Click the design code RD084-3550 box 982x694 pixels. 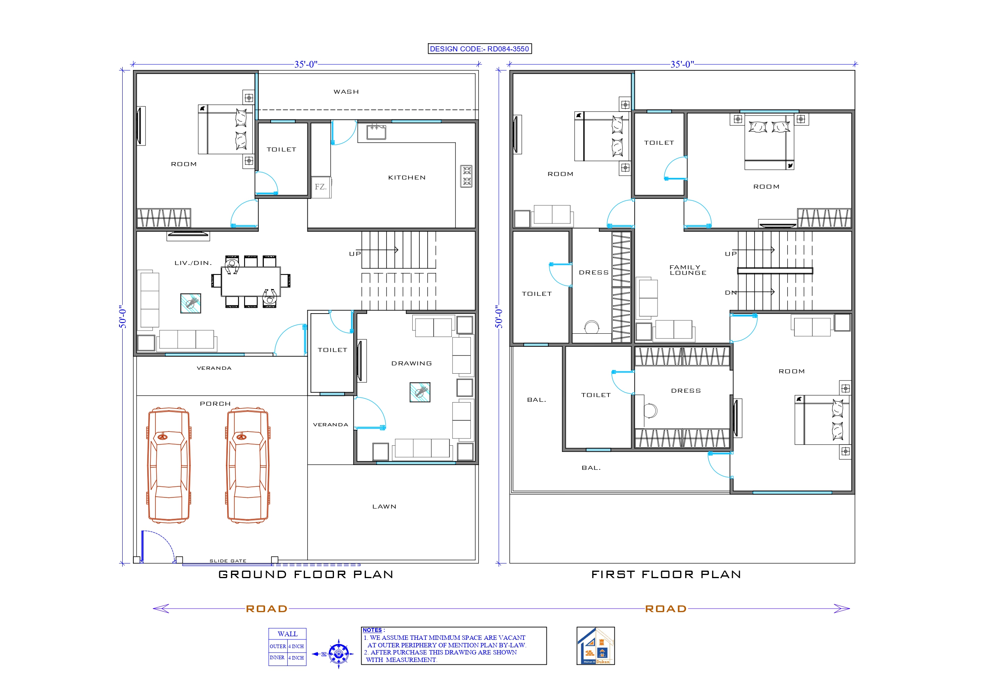point(480,49)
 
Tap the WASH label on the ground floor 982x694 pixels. point(346,92)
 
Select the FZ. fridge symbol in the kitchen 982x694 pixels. point(321,187)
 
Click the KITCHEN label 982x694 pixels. point(407,178)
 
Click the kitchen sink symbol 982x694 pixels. point(376,132)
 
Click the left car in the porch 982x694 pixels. point(169,465)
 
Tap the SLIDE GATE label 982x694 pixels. point(228,561)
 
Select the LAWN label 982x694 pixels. point(384,507)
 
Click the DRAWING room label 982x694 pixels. point(411,363)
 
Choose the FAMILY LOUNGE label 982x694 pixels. point(687,270)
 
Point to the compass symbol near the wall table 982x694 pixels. point(339,654)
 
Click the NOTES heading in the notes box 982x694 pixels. point(373,630)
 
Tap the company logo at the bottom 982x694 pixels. point(595,646)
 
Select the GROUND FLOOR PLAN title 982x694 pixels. point(306,574)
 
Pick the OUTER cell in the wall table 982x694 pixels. point(278,647)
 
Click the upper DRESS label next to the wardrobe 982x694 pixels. point(593,273)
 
